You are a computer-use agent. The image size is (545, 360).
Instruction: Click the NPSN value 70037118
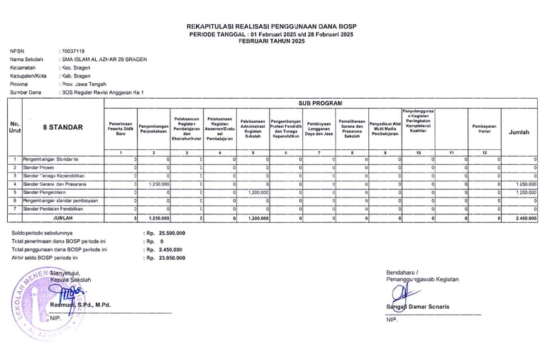point(74,51)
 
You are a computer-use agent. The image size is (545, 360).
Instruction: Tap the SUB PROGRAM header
point(321,103)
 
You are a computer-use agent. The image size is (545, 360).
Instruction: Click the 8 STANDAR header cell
point(62,128)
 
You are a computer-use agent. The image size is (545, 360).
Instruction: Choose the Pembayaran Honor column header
point(485,128)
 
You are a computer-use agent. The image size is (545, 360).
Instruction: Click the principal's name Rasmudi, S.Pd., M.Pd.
point(79,305)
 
